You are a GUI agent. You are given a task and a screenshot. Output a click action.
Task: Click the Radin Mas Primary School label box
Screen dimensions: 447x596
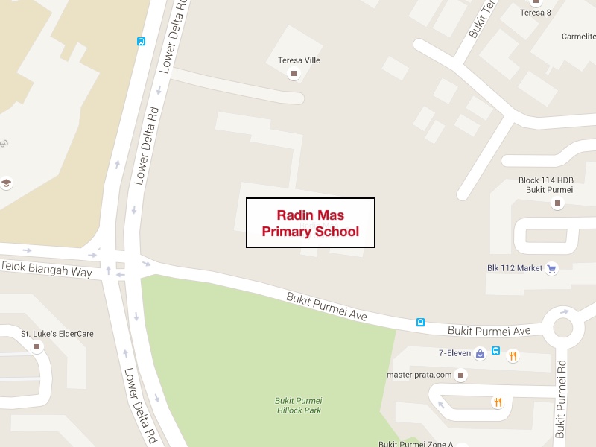pos(311,223)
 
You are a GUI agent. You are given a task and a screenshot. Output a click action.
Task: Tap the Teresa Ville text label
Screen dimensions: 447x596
pos(298,60)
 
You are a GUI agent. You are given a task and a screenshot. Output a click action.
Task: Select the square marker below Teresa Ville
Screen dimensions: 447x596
pos(294,73)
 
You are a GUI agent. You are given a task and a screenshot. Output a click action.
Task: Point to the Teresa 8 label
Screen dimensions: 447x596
pos(535,13)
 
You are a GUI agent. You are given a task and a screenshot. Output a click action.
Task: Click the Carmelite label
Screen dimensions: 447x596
pos(578,36)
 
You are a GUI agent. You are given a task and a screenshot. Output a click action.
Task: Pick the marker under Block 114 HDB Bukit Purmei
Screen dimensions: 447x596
pos(557,202)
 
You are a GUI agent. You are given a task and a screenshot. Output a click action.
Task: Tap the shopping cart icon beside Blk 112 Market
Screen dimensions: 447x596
pos(552,269)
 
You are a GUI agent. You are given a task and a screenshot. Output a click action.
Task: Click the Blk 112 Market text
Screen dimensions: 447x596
pos(515,269)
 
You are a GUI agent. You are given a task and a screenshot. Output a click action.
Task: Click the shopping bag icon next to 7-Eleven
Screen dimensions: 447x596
pos(481,352)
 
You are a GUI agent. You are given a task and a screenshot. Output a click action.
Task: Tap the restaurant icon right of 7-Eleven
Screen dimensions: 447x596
pos(513,355)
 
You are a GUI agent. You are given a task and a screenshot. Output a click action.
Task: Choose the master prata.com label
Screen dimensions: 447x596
pos(419,375)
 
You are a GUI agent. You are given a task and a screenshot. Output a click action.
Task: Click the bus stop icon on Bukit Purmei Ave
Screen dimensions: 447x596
pos(420,323)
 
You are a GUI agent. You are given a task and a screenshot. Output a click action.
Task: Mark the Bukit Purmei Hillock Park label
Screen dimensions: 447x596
pos(298,405)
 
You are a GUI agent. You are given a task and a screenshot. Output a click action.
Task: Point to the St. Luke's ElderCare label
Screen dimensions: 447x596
pos(57,334)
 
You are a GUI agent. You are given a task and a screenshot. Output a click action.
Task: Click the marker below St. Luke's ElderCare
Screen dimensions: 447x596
pos(37,346)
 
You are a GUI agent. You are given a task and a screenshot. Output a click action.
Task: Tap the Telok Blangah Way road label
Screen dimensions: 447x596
pos(46,269)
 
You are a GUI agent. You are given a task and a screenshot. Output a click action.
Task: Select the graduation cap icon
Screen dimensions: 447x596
pos(6,183)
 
